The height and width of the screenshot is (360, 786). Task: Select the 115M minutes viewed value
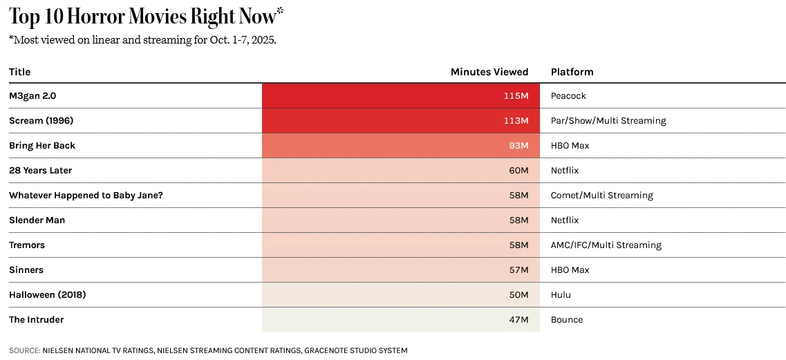(x=516, y=96)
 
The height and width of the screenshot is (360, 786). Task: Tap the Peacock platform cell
(x=568, y=96)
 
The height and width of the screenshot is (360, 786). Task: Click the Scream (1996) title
(x=41, y=121)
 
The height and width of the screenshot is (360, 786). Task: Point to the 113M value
(x=516, y=121)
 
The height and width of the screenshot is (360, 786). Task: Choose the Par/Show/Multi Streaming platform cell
(x=608, y=121)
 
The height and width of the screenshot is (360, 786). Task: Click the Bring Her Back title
(x=42, y=146)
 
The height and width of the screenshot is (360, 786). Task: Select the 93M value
(x=518, y=146)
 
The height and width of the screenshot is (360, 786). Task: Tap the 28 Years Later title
(x=40, y=171)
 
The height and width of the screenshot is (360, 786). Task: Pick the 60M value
(x=518, y=171)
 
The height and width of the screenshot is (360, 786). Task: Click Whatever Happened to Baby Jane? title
(x=86, y=196)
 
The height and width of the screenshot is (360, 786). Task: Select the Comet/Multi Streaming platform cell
(x=601, y=196)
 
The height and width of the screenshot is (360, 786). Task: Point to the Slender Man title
(x=37, y=220)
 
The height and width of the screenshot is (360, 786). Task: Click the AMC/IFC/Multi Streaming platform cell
(x=606, y=245)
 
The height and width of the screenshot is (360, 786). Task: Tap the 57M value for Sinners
(x=518, y=270)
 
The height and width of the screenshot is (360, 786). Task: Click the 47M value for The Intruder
(x=518, y=320)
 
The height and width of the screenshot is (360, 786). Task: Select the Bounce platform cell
(x=566, y=320)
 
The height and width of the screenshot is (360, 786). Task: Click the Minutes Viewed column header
(x=489, y=72)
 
